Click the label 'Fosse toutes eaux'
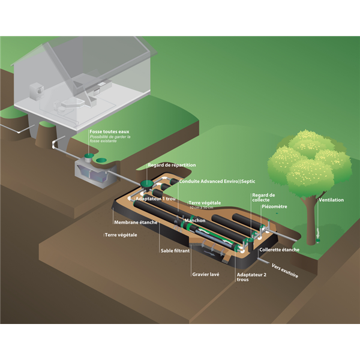coord(109,131)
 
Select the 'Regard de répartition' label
coord(172,165)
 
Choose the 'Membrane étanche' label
coord(136,223)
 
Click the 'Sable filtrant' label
coord(175,251)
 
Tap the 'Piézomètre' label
coord(274,206)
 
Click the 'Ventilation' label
coord(331,200)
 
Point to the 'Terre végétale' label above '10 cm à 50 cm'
coord(205,203)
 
